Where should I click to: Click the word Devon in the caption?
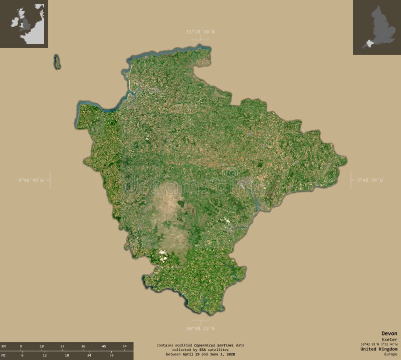click(389, 333)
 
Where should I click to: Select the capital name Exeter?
click(389, 339)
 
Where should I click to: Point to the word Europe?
click(390, 354)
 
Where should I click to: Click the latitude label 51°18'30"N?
click(200, 32)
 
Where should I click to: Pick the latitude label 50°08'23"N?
click(200, 328)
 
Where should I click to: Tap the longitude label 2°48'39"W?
click(369, 179)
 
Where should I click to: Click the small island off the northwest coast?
click(57, 62)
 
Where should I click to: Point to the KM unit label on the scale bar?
click(4, 346)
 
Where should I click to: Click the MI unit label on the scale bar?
click(4, 355)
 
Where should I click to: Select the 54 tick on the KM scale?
click(124, 346)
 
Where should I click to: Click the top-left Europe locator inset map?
click(24, 24)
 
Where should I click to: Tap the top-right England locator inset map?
click(376, 27)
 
